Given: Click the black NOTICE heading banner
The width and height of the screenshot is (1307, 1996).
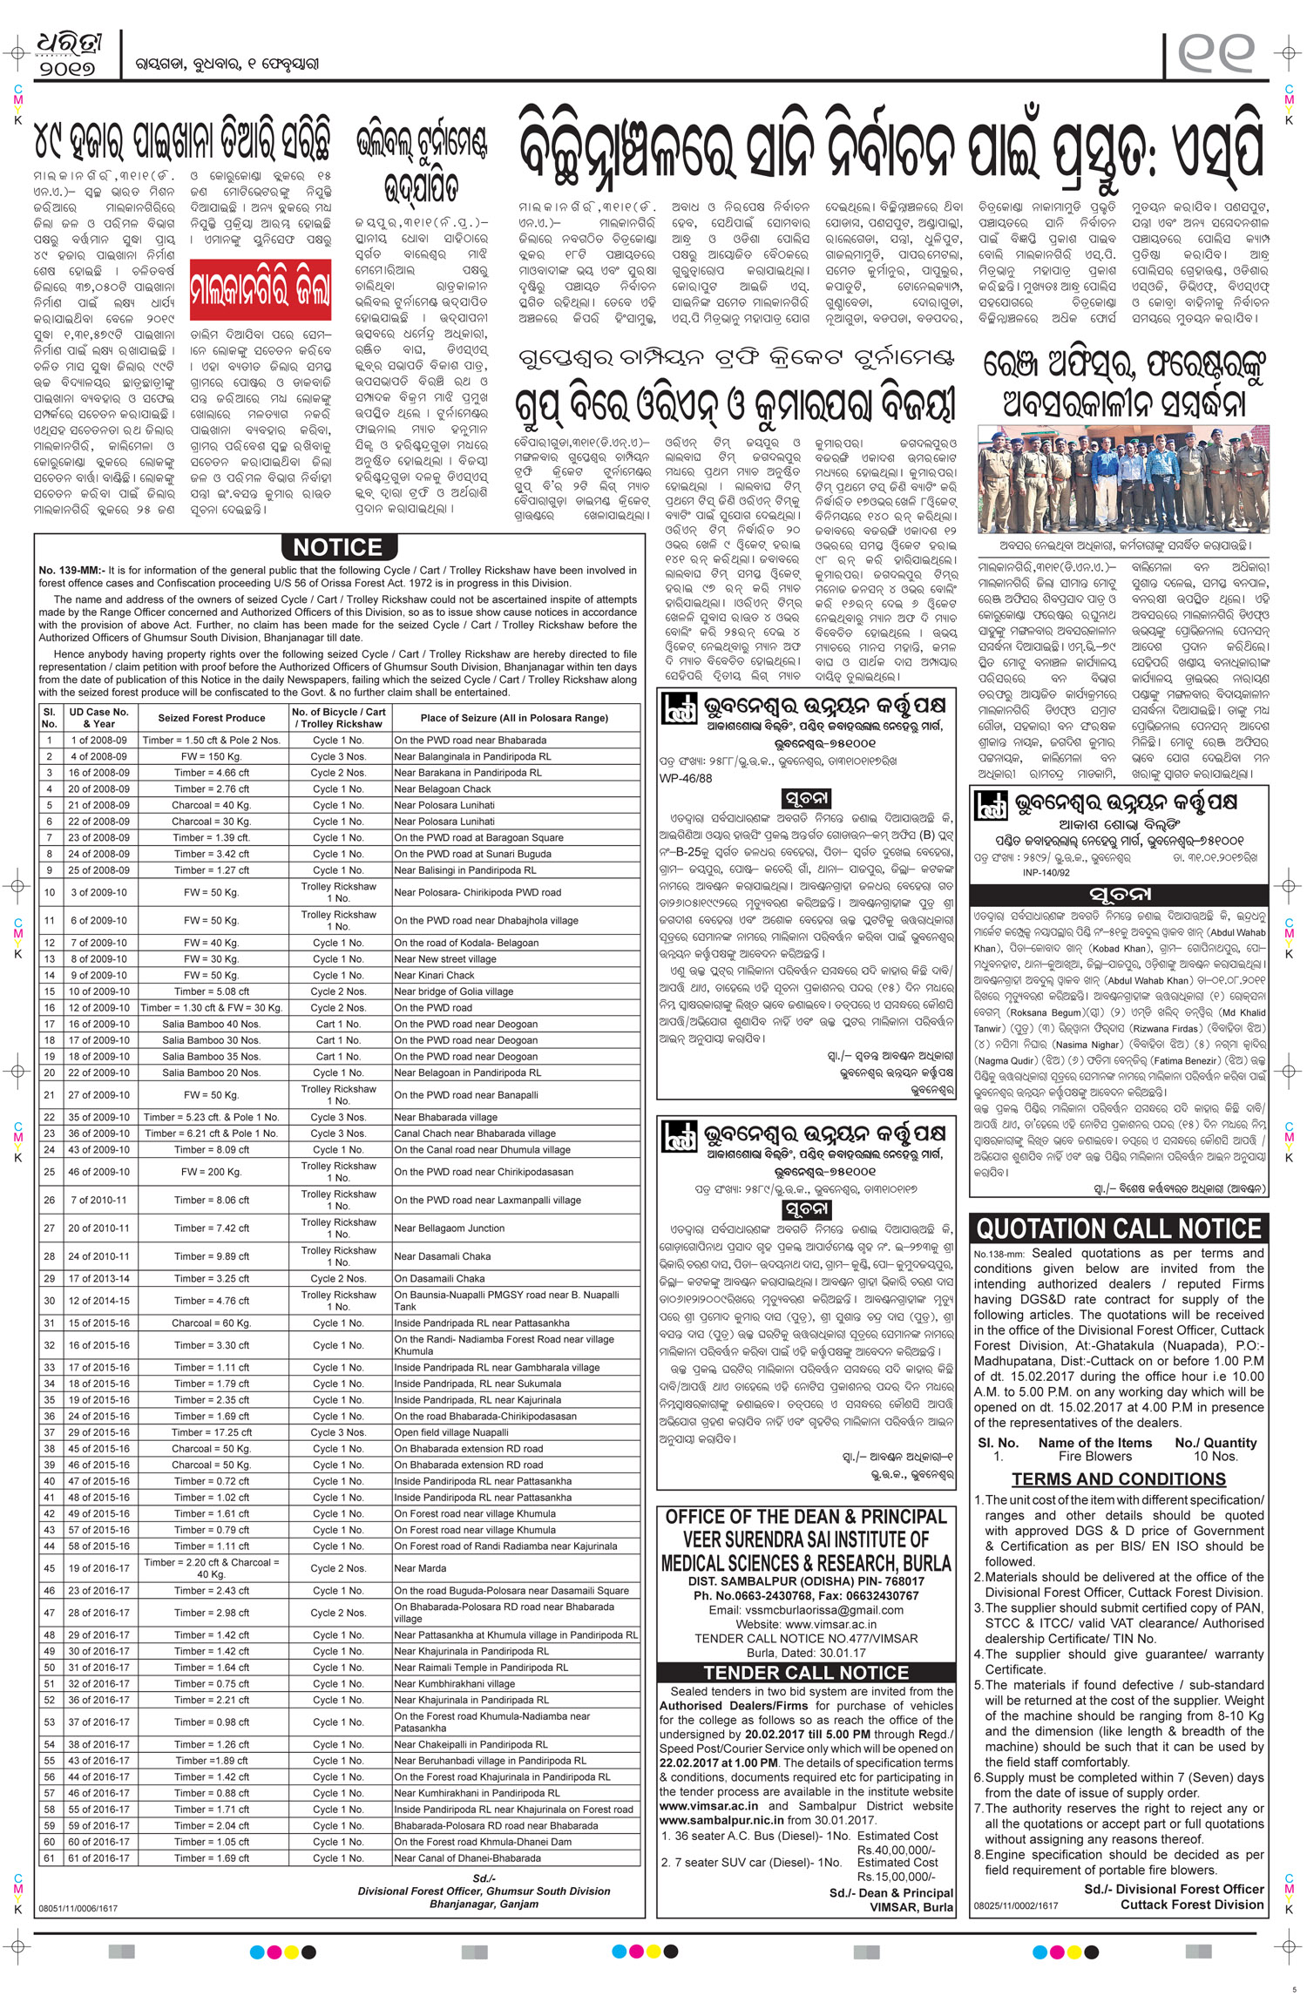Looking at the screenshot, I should click(x=338, y=547).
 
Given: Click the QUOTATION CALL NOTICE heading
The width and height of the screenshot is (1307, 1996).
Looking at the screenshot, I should click(x=1119, y=1229).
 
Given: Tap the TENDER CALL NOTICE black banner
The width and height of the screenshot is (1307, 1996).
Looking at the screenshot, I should click(x=806, y=1672).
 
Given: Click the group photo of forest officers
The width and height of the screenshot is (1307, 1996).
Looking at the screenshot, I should click(x=1123, y=478).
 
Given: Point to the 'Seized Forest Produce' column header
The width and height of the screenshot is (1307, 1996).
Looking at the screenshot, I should click(x=211, y=718).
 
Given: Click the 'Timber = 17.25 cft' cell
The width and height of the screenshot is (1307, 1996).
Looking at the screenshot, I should click(x=211, y=1432).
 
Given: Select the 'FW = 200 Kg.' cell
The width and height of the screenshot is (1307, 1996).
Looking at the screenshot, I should click(x=211, y=1172).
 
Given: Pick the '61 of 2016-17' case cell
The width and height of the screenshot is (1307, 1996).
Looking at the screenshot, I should click(x=98, y=1857).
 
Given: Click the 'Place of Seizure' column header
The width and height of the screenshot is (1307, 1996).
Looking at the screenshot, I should click(x=514, y=718).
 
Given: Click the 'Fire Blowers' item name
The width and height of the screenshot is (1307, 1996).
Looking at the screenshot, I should click(x=1095, y=1456).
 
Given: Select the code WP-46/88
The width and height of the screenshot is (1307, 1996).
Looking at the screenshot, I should click(x=686, y=778).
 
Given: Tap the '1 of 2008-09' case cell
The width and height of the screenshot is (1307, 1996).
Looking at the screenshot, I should click(x=98, y=741).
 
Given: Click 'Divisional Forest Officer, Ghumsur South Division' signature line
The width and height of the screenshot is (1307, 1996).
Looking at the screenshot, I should click(x=484, y=1891).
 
